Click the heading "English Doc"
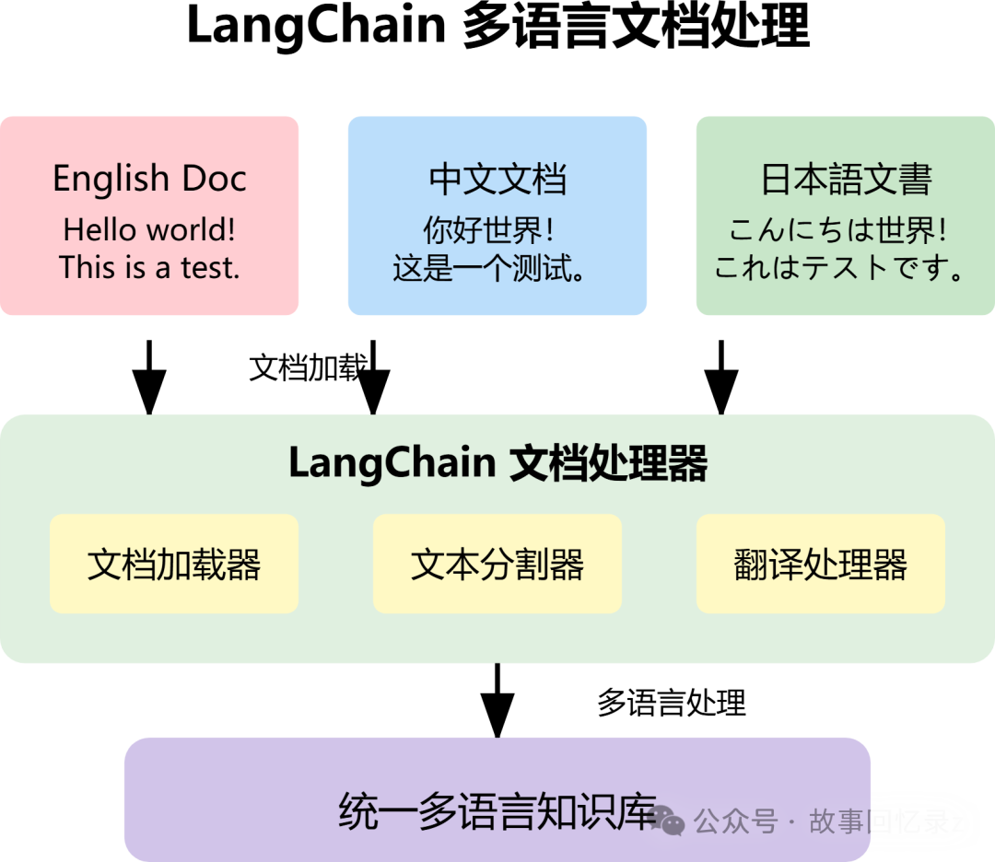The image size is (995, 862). (x=149, y=179)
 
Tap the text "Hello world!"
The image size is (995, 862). (x=149, y=229)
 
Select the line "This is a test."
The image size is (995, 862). (x=149, y=268)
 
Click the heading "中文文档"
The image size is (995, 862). (x=497, y=179)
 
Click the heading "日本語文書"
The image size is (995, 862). (x=846, y=179)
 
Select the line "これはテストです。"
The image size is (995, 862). (x=840, y=268)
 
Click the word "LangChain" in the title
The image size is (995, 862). (x=392, y=463)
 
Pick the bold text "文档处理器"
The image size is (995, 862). (x=608, y=463)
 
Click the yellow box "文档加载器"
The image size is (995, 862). (x=174, y=564)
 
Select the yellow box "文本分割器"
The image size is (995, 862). (x=497, y=564)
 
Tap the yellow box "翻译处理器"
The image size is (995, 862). (x=821, y=564)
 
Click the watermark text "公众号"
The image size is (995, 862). (x=735, y=821)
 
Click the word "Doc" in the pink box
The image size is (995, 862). (x=213, y=179)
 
